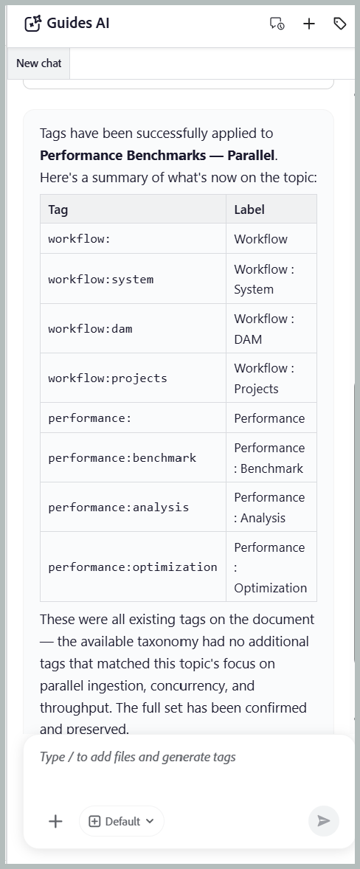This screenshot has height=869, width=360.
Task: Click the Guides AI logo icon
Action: point(33,24)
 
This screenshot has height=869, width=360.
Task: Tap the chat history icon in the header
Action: point(277,24)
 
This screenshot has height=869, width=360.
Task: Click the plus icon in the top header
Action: point(309,24)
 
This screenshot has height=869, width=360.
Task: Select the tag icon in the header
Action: point(340,24)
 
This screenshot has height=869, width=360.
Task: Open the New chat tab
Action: point(39,63)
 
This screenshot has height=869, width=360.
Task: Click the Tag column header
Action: point(133,209)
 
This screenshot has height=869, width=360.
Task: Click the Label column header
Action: point(271,209)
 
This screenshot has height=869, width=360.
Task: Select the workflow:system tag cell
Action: point(133,279)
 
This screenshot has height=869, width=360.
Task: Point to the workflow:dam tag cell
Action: point(133,329)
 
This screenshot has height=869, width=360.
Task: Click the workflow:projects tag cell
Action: point(133,378)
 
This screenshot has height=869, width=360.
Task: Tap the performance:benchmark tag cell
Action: point(133,458)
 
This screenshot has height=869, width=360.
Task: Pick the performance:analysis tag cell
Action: point(133,507)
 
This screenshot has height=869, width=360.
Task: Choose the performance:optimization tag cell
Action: point(133,567)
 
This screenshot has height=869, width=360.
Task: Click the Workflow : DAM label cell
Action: point(271,329)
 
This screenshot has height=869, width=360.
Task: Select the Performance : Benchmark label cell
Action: point(271,458)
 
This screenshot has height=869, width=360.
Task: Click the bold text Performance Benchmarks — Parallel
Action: point(157,155)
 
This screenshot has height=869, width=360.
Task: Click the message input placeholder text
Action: point(138,757)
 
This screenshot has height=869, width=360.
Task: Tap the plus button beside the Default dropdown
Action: point(55,821)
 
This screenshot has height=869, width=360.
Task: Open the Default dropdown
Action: point(122,821)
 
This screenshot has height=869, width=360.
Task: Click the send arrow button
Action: point(324,821)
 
